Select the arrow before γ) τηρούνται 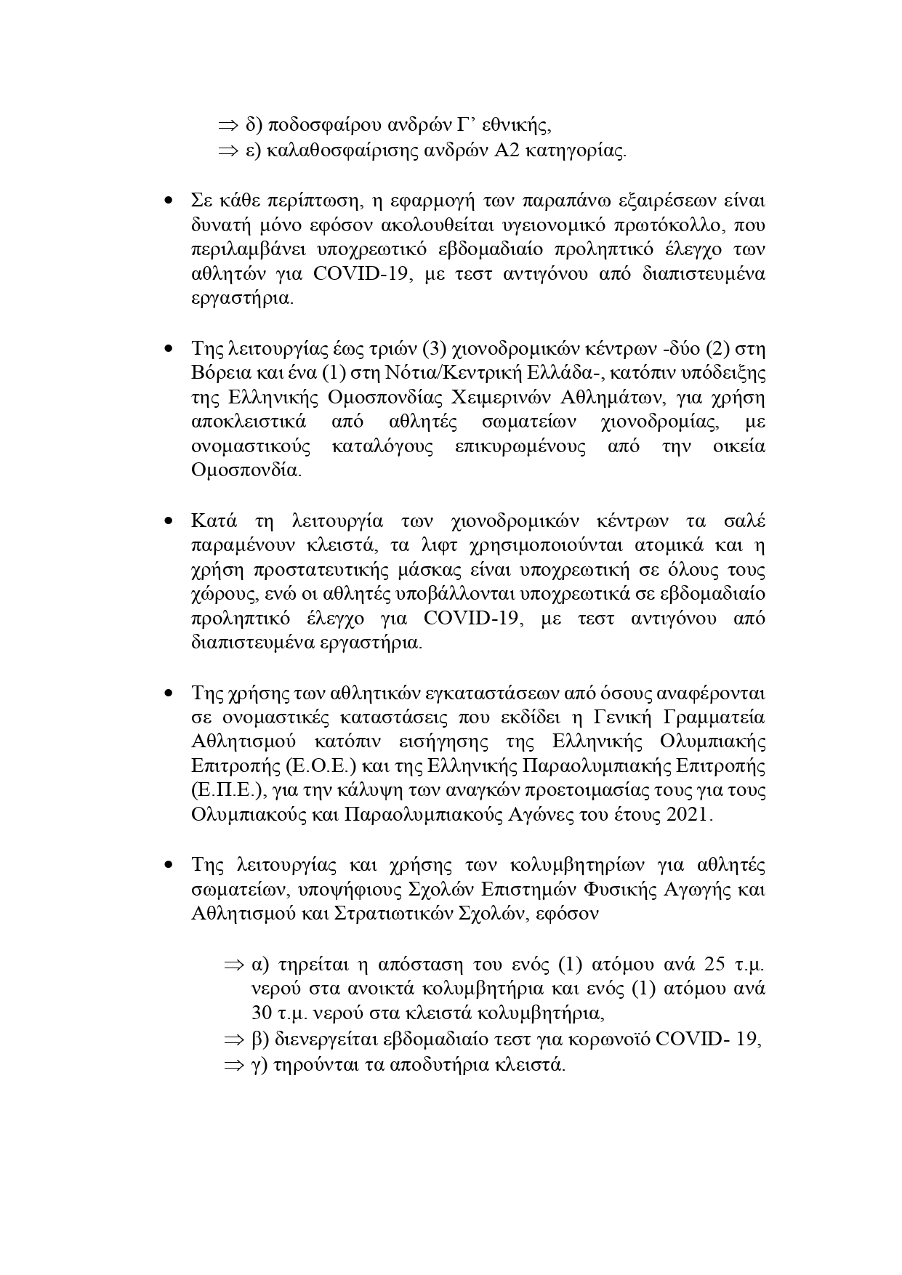pos(233,1066)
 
